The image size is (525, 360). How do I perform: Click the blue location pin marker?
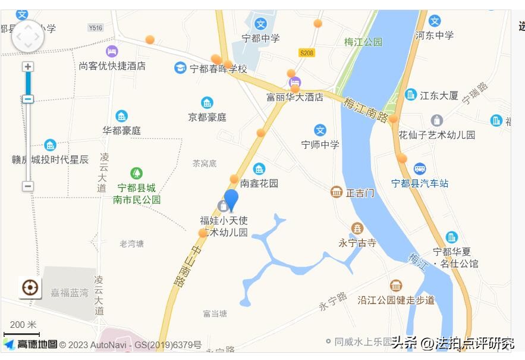point(231,200)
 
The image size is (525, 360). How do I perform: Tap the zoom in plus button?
point(28,67)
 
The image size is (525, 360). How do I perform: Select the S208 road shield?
point(306,53)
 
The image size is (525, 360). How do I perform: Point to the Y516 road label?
point(95,27)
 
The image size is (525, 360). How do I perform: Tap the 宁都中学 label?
point(260,38)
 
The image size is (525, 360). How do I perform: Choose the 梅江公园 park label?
point(363,42)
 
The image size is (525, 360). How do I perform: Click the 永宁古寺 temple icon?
point(357,228)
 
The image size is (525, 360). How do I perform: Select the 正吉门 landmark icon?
point(337,192)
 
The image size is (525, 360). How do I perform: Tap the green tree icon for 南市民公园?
point(137,173)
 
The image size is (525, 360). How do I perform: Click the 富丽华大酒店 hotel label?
point(295,96)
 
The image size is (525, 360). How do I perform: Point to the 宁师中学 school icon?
point(320,130)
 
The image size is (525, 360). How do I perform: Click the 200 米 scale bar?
point(22,334)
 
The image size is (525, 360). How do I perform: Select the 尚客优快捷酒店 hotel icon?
point(112,52)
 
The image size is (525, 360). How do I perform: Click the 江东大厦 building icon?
point(411,95)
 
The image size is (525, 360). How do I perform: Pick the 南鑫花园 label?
point(259,183)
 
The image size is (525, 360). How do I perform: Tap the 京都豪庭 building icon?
point(207,103)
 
